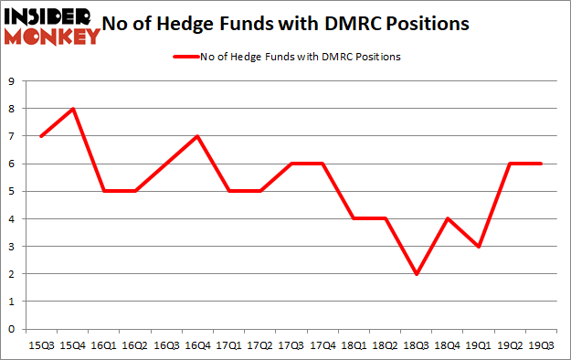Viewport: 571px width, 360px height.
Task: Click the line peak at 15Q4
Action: (x=72, y=109)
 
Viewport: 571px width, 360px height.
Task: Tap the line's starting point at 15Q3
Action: (x=40, y=136)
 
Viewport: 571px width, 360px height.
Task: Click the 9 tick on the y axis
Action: (x=11, y=81)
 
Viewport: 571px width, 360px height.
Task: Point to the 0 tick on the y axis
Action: (x=11, y=329)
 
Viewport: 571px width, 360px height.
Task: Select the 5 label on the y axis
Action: (x=11, y=192)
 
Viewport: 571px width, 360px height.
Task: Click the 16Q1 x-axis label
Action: (x=104, y=345)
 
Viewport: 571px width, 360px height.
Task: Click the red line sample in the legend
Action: (x=189, y=57)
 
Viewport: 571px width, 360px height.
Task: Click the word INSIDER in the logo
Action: (x=50, y=16)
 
